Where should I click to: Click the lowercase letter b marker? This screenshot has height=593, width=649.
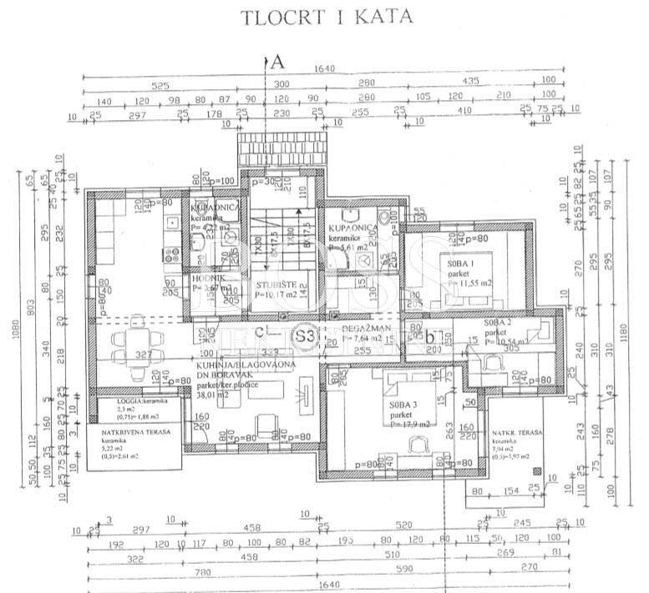coord(428,337)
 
